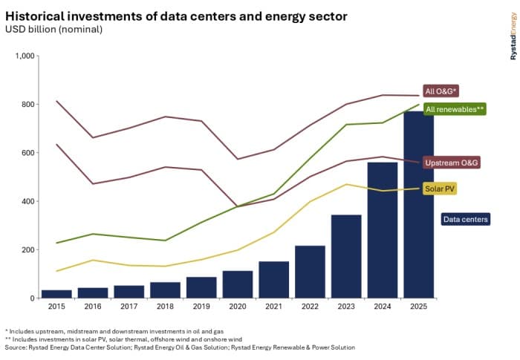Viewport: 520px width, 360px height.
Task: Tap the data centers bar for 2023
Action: (x=345, y=256)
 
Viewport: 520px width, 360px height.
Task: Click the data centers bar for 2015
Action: (x=56, y=294)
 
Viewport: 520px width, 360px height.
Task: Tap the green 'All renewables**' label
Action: (x=455, y=109)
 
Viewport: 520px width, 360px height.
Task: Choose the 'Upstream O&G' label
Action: (x=451, y=162)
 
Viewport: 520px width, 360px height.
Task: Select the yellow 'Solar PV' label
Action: (x=440, y=189)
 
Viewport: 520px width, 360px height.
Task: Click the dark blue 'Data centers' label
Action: (x=466, y=219)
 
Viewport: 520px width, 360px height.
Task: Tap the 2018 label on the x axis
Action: (x=165, y=306)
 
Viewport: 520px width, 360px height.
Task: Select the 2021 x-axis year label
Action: (x=273, y=306)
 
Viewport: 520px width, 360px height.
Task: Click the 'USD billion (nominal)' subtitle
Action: (x=53, y=30)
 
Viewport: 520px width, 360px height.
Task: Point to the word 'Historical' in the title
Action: (x=39, y=15)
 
